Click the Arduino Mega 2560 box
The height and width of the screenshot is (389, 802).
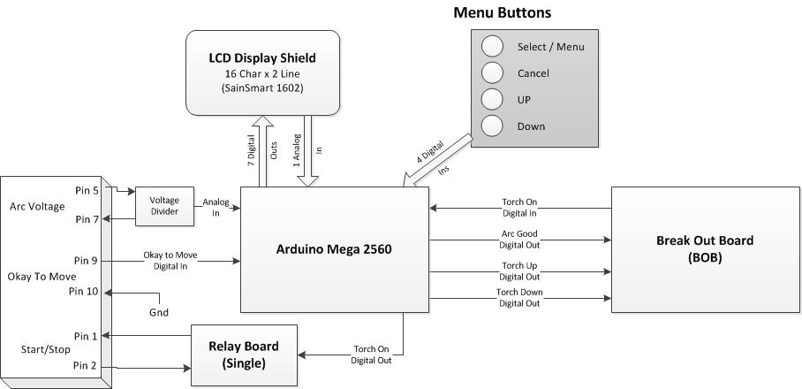(x=334, y=249)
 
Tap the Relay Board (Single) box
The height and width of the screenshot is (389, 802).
(x=244, y=354)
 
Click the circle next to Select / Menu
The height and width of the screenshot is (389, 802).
(x=492, y=47)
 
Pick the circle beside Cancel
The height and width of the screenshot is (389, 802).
(x=492, y=73)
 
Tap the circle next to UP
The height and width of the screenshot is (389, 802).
(x=492, y=100)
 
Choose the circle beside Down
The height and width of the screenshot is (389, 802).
(x=492, y=126)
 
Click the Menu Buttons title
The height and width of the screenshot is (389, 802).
(x=502, y=12)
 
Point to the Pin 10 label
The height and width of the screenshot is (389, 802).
(x=85, y=292)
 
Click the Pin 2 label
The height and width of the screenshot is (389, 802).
(x=87, y=365)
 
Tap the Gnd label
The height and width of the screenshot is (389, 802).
(x=159, y=312)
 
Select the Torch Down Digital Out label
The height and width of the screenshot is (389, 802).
(x=520, y=298)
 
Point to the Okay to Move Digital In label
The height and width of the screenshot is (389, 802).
(x=170, y=261)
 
